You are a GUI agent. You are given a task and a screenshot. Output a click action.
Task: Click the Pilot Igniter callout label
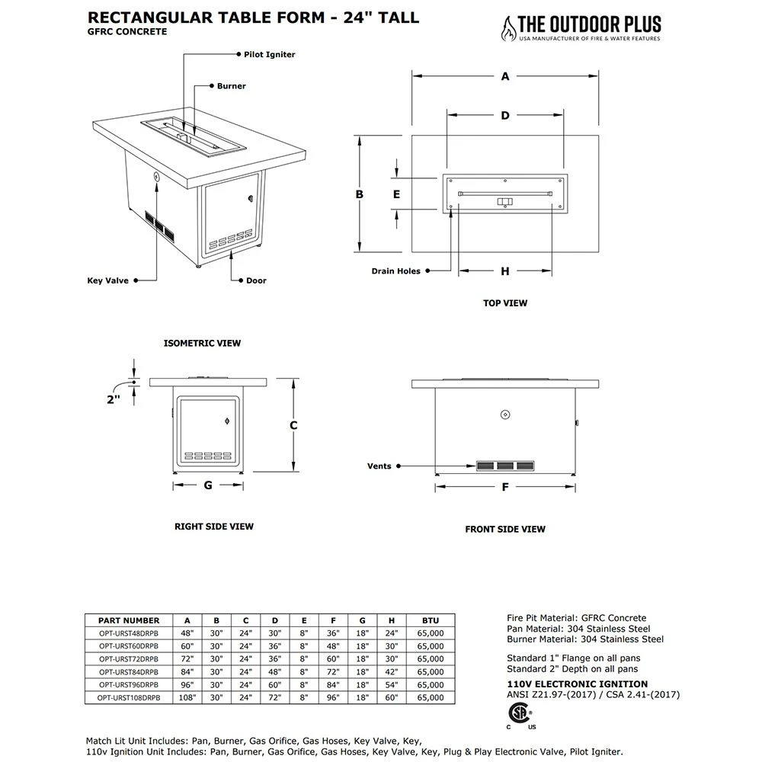click(264, 55)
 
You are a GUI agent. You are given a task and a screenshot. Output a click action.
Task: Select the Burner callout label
click(231, 86)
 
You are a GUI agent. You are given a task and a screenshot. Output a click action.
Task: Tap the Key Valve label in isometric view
click(107, 280)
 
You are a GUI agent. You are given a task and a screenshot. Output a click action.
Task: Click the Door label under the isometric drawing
click(256, 280)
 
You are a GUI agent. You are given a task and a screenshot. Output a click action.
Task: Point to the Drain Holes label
click(395, 271)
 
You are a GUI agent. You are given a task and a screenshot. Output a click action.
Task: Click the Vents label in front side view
click(379, 466)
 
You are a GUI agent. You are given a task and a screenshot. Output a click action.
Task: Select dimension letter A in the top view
click(505, 75)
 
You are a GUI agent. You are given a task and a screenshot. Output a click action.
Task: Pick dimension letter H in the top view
click(504, 271)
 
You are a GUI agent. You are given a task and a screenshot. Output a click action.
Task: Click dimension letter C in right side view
click(293, 425)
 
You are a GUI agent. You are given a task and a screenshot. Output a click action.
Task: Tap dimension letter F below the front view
click(504, 488)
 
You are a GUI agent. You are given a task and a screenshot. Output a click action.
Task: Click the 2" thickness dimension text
click(114, 399)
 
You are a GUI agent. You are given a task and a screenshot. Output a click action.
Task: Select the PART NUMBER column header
click(129, 620)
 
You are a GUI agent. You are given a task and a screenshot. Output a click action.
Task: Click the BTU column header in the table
click(430, 620)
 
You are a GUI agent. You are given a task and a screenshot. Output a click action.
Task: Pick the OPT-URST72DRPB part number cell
click(129, 658)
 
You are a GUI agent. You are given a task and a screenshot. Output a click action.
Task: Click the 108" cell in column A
click(187, 696)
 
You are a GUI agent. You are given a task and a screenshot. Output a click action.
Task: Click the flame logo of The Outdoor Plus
click(505, 27)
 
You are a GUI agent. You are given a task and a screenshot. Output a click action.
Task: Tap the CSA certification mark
click(520, 713)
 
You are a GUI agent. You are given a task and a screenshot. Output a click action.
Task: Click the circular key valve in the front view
click(504, 415)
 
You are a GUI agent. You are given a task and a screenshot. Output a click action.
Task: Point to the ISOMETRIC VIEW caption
click(202, 343)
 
